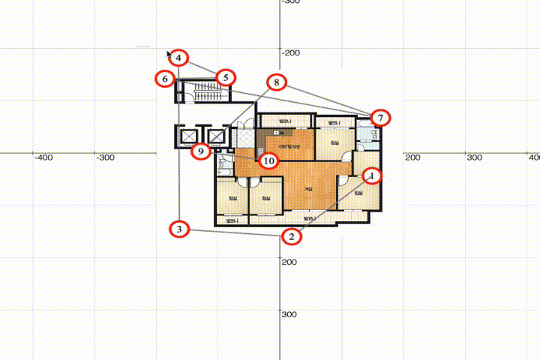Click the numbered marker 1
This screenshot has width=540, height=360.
pos(373,175)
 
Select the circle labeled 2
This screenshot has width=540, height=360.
pos(292,236)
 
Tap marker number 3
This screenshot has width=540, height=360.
pos(178,229)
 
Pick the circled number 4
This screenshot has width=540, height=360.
pos(180,58)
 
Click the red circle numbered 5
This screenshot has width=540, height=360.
pos(226,77)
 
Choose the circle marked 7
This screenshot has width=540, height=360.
pos(381,118)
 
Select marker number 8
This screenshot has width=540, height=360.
pos(277,82)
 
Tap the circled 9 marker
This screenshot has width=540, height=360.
pos(199,151)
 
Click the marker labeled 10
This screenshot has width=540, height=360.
pos(268,160)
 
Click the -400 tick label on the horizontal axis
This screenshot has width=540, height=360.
pos(43,157)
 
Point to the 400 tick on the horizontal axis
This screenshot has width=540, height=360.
pos(533,157)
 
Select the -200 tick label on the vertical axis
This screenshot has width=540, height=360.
pos(289,52)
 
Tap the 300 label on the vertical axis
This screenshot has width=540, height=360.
pos(289,314)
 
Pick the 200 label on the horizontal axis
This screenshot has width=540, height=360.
pos(412,157)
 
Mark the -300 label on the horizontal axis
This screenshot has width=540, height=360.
pos(106,157)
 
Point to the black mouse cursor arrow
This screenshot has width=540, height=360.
pos(169,55)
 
